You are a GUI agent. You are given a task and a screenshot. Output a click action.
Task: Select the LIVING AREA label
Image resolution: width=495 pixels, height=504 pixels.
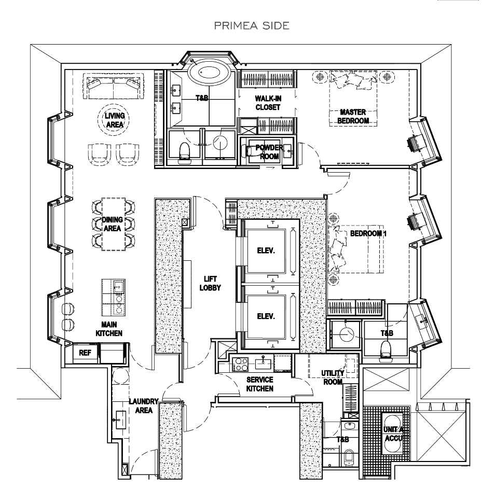tap(115, 120)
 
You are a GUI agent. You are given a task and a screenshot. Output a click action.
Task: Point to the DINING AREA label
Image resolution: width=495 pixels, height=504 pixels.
tap(113, 223)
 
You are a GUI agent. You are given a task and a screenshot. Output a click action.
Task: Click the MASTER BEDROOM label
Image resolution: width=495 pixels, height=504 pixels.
tap(353, 116)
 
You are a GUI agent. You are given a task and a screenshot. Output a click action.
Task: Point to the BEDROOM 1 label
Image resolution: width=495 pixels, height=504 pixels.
tap(368, 233)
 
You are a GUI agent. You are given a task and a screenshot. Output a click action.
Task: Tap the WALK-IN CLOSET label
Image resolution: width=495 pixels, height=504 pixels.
tap(267, 103)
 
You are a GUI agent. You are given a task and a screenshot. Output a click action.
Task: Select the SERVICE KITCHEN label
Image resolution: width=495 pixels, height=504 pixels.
tap(259, 384)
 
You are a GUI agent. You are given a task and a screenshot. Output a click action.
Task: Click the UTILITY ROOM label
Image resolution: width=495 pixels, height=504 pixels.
tap(332, 377)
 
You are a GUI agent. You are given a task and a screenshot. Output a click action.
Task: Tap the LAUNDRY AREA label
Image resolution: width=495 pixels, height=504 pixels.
tap(140, 405)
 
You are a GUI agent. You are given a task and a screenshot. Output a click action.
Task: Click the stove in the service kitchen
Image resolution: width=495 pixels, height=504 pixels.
tap(241, 364)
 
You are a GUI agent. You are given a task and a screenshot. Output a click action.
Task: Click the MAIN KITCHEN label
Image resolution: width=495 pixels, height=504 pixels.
tap(108, 329)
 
